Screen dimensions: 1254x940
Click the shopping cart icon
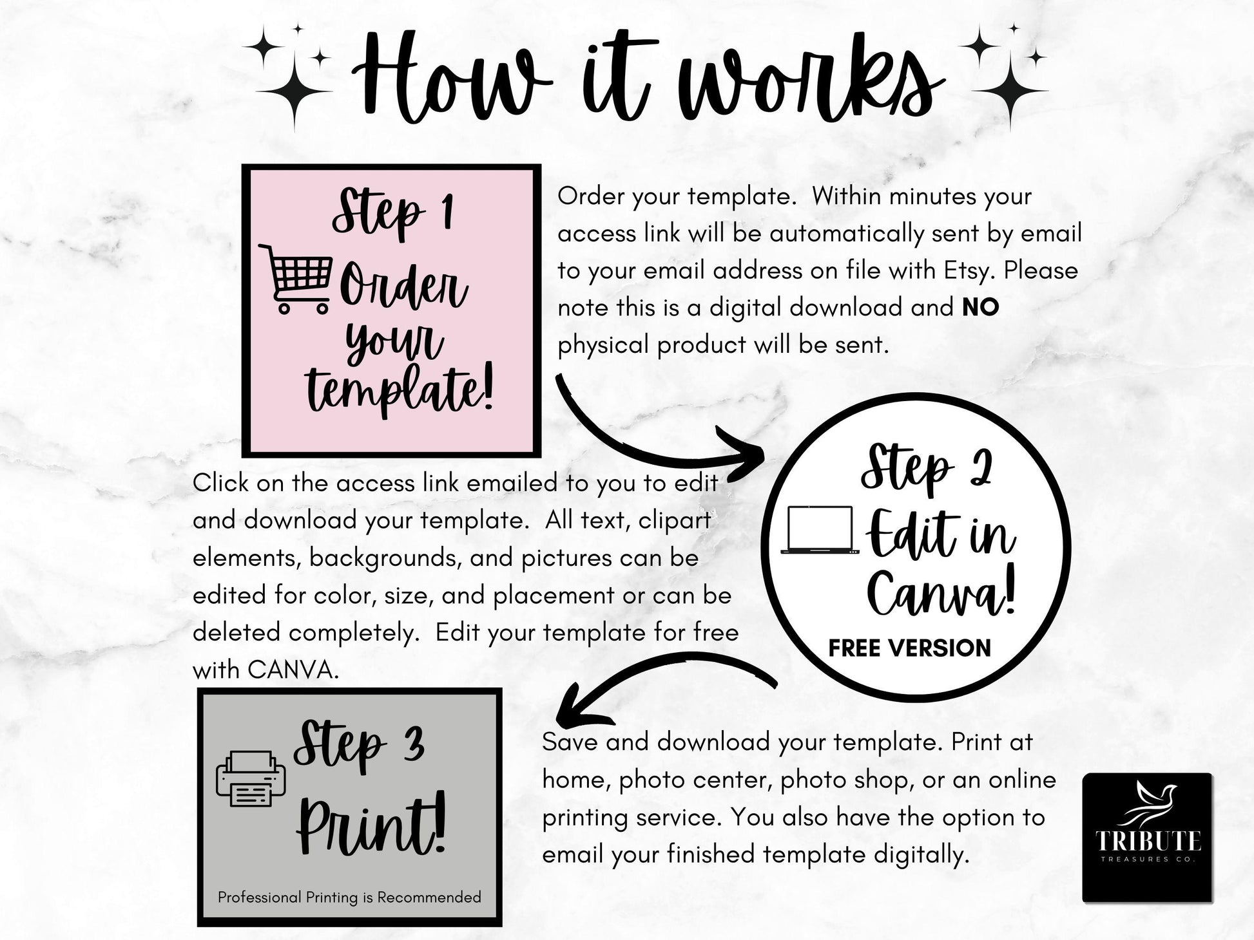click(x=296, y=278)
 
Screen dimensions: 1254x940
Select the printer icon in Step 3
click(x=251, y=779)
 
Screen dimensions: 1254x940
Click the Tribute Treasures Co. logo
click(x=1147, y=837)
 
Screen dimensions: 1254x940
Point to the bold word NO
click(x=981, y=307)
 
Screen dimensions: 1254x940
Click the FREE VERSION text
click(x=909, y=648)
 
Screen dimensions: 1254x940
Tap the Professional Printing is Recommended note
click(x=349, y=897)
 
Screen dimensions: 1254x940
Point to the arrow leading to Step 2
click(x=644, y=444)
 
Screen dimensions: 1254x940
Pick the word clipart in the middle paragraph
click(x=675, y=521)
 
